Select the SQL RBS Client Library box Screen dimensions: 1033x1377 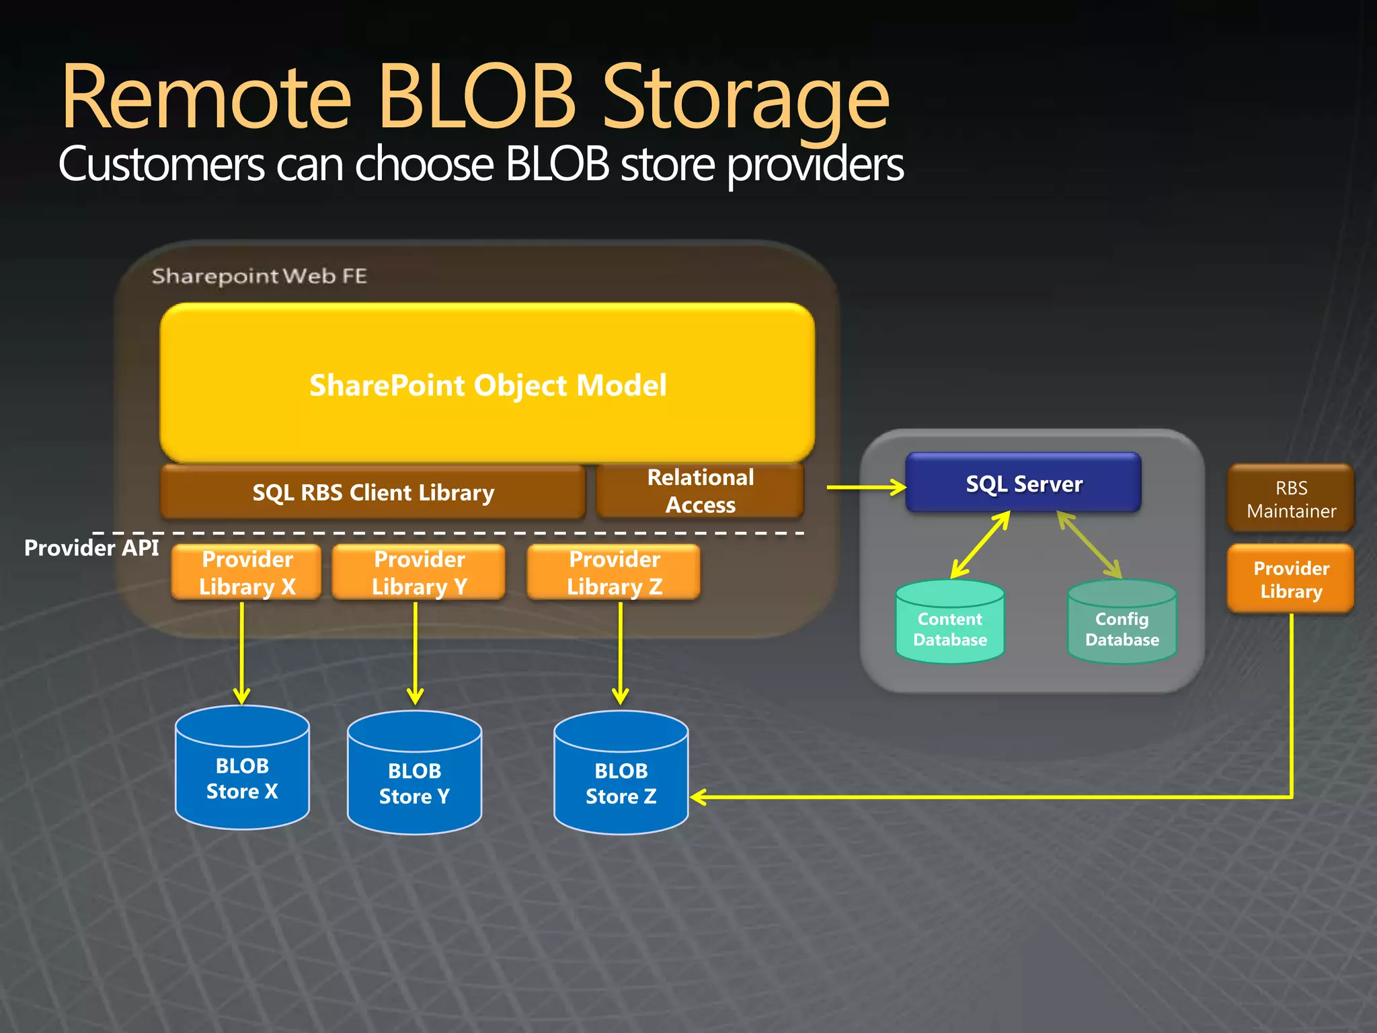(373, 492)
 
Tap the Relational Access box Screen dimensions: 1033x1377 (700, 491)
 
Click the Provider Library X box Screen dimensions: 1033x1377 (247, 572)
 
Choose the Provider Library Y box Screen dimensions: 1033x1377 (419, 572)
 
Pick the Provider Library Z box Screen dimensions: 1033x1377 (614, 572)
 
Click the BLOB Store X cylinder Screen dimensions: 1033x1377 (242, 770)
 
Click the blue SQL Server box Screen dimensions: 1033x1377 (1023, 483)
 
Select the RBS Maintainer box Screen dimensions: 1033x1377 (1290, 498)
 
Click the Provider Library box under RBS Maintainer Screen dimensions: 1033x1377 (1290, 579)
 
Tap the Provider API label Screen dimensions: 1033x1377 (91, 548)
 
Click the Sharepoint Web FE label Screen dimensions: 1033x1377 (259, 276)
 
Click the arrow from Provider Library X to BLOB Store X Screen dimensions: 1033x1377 (242, 652)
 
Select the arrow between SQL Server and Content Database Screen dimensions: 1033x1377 (980, 544)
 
